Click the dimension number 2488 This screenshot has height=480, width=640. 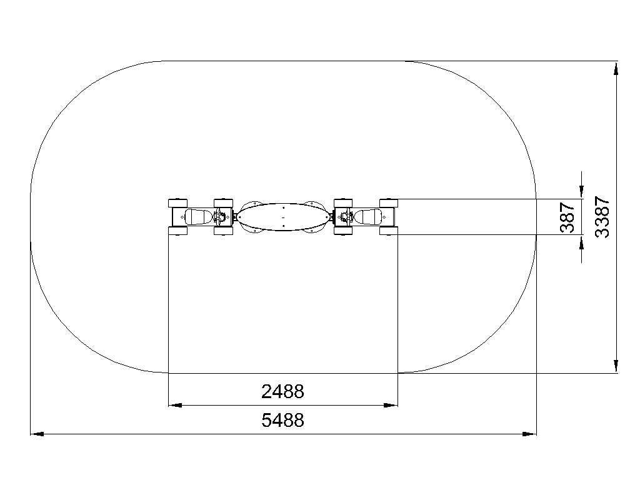pyautogui.click(x=282, y=391)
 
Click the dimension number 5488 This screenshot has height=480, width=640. pyautogui.click(x=282, y=420)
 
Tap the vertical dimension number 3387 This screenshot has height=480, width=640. pyautogui.click(x=602, y=217)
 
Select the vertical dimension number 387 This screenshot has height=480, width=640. pyautogui.click(x=567, y=217)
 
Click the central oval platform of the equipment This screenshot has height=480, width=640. pyautogui.click(x=283, y=217)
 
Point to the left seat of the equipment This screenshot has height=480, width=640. pyautogui.click(x=198, y=217)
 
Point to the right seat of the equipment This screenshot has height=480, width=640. pyautogui.click(x=368, y=217)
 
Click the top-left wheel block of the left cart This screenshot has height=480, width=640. pyautogui.click(x=178, y=203)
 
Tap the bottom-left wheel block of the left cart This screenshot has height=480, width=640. pyautogui.click(x=178, y=231)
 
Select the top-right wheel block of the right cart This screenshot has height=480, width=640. pyautogui.click(x=389, y=203)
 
